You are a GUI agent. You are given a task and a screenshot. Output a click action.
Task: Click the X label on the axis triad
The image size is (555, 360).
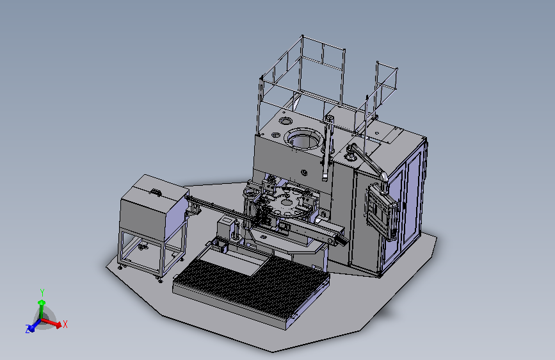65,324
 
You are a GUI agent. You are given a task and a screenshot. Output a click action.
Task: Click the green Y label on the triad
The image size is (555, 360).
42,292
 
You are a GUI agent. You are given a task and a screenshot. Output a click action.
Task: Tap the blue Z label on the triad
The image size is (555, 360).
28,329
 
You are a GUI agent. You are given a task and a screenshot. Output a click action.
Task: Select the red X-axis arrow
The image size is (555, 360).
51,323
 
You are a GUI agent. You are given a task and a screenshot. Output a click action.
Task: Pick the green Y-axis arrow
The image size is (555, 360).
42,309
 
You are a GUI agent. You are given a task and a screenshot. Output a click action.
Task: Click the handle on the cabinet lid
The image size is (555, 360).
156,192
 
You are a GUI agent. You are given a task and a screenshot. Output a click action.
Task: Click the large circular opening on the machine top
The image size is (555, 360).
303,139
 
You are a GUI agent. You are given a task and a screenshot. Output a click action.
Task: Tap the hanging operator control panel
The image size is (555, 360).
382,211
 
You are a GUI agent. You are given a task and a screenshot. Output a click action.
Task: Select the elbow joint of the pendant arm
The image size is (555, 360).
383,176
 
